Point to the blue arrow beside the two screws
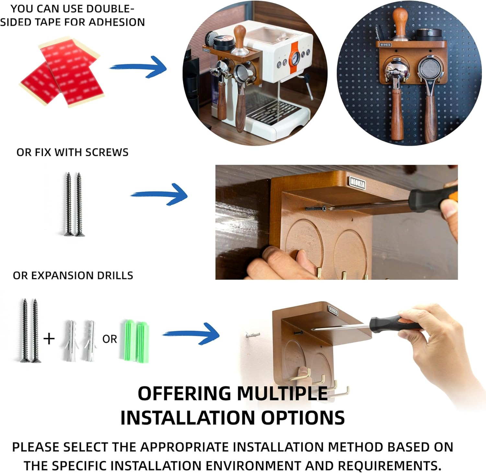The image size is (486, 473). [x=159, y=194]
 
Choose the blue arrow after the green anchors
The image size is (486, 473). [x=191, y=334]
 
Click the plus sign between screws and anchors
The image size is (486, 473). [x=49, y=339]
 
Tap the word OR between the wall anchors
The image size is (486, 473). [x=110, y=339]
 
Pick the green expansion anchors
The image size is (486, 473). [x=135, y=341]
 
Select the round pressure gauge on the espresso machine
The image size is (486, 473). [x=295, y=58]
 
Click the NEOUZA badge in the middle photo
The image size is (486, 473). [x=357, y=182]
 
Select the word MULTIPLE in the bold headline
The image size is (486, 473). [x=282, y=394]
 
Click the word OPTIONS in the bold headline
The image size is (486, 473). [x=303, y=418]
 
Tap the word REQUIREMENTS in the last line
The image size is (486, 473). [x=389, y=466]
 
